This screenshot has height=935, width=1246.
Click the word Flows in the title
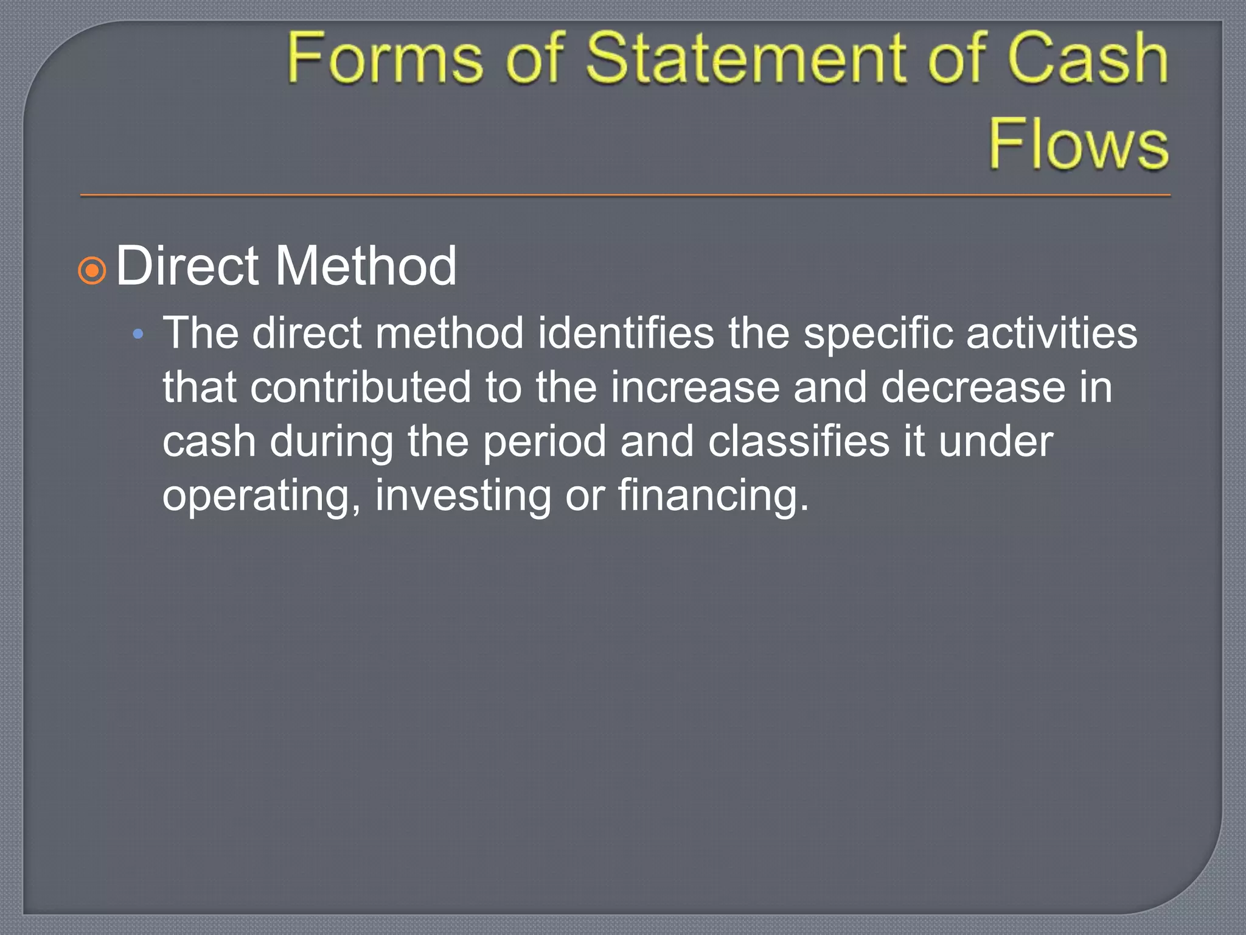pyautogui.click(x=1078, y=144)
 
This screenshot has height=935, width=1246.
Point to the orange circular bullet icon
pyautogui.click(x=92, y=270)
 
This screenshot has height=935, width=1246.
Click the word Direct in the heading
pyautogui.click(x=187, y=266)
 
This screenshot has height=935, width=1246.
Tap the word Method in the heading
pyautogui.click(x=366, y=266)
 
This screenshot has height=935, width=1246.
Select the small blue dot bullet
pyautogui.click(x=138, y=334)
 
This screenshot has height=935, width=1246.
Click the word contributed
pyautogui.click(x=360, y=388)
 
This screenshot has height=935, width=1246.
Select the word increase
pyautogui.click(x=695, y=388)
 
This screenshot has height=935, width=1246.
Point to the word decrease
pyautogui.click(x=973, y=388)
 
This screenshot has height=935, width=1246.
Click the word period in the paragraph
pyautogui.click(x=545, y=442)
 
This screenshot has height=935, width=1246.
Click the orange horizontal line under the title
pyautogui.click(x=625, y=195)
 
